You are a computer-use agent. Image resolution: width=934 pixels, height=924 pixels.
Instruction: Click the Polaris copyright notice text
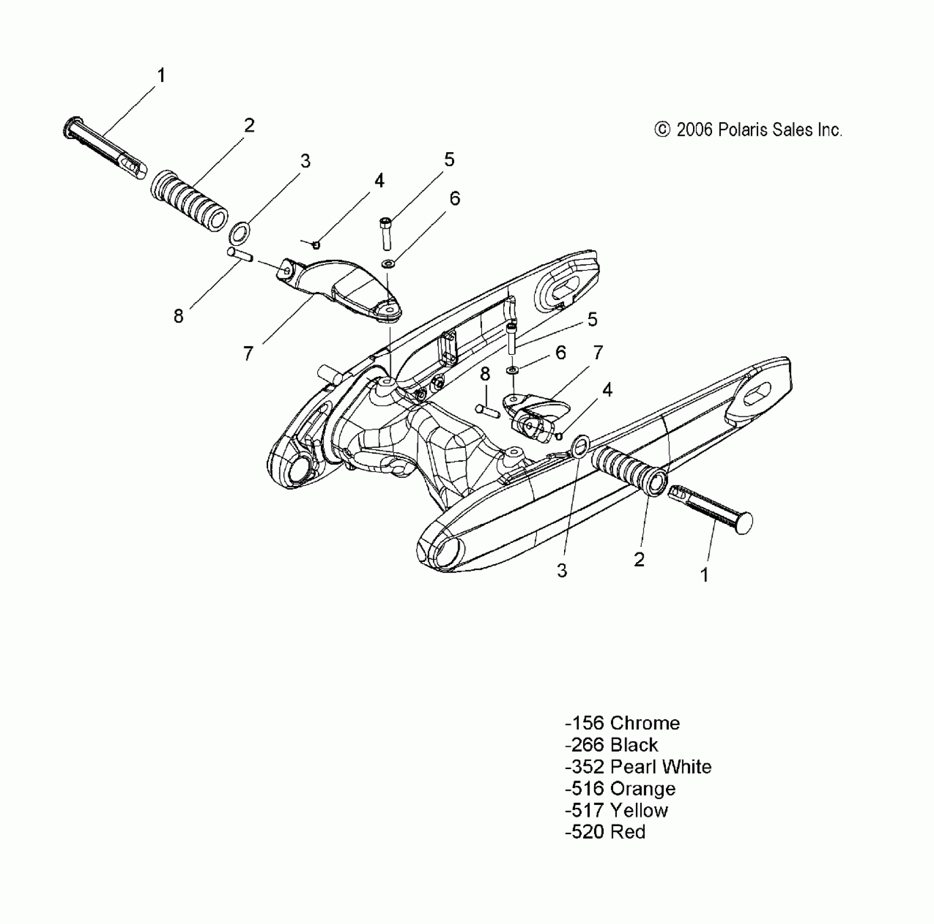click(x=749, y=130)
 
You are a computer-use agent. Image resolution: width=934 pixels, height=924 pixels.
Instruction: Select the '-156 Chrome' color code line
click(x=622, y=723)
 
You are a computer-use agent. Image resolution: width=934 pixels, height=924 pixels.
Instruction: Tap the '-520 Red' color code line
click(x=605, y=832)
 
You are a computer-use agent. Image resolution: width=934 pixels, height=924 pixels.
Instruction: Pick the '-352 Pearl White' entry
click(x=638, y=766)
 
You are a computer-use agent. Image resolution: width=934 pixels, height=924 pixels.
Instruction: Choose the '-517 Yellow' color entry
click(x=616, y=810)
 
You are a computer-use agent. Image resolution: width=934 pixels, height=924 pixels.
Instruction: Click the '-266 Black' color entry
click(x=611, y=745)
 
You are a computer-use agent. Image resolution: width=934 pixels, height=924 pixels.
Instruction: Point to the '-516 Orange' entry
click(x=620, y=788)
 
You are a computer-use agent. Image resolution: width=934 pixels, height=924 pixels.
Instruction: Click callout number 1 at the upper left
click(x=161, y=76)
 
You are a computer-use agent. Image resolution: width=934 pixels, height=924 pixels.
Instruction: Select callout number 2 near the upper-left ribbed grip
click(x=249, y=126)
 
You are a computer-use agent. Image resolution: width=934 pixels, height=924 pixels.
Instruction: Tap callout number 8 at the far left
click(x=178, y=316)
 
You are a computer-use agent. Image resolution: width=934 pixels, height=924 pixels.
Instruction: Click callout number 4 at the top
click(x=379, y=180)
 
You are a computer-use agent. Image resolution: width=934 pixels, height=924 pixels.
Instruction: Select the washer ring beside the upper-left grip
click(x=239, y=233)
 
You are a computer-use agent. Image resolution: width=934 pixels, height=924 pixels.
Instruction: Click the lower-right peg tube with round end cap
click(x=713, y=509)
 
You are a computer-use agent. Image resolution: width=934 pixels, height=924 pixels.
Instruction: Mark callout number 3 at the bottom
click(x=562, y=570)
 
